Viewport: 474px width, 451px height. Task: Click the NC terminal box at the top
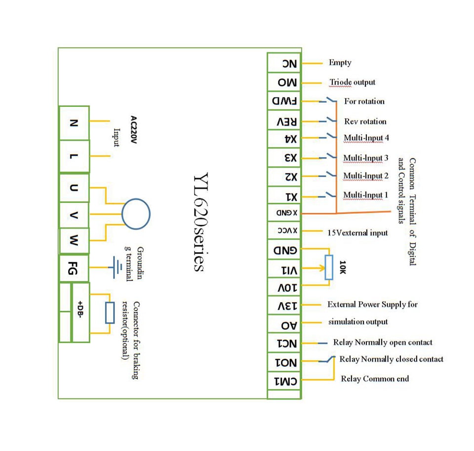[x=284, y=63]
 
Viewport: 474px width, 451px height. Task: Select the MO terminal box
[x=284, y=82]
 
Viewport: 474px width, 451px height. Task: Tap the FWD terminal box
[x=284, y=101]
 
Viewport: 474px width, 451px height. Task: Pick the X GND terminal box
[x=284, y=213]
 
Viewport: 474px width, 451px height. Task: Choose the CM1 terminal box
[x=284, y=381]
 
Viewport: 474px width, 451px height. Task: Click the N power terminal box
[x=74, y=123]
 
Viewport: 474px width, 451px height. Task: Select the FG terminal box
[x=74, y=269]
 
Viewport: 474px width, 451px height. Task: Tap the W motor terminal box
[x=74, y=241]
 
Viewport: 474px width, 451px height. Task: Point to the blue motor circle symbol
[x=136, y=214]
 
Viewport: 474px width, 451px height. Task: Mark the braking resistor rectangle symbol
[x=110, y=313]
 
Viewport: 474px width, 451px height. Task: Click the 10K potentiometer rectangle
[x=329, y=267]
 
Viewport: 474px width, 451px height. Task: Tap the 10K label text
[x=342, y=267]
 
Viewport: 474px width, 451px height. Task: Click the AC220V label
[x=133, y=130]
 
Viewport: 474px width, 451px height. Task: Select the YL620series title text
[x=200, y=222]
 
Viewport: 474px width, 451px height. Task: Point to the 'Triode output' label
[x=352, y=82]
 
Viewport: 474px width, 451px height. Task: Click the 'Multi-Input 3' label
[x=366, y=158]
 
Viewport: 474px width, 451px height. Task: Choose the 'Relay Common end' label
[x=375, y=379]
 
